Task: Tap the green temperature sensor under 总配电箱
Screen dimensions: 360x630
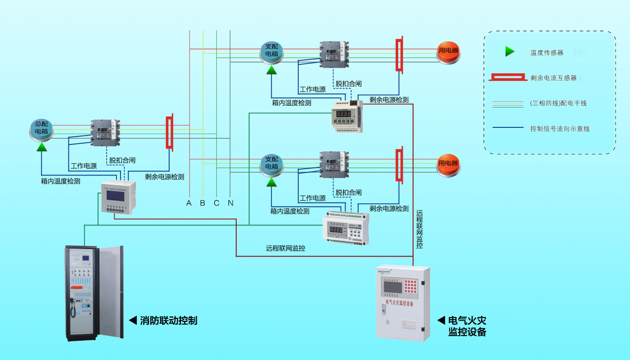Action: pos(42,147)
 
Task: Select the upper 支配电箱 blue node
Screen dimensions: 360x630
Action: pos(272,50)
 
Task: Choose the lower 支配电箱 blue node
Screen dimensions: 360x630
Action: pos(272,163)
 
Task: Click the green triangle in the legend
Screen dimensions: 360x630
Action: pos(509,52)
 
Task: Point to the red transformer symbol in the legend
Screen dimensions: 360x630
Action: pos(508,78)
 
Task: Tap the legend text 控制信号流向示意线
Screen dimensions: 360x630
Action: pos(560,129)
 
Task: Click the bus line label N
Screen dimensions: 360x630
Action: pos(230,203)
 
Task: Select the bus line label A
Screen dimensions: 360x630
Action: pos(189,203)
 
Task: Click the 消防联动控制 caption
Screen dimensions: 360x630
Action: pos(168,320)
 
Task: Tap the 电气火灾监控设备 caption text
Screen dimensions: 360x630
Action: pos(467,326)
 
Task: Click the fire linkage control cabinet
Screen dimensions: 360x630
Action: pos(94,292)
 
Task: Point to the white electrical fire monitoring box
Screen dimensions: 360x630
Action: pos(402,302)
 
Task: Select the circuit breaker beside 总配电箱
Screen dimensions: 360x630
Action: pos(106,132)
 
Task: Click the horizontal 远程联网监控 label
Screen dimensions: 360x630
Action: pos(285,248)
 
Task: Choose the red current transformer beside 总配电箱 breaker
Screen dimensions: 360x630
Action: pos(170,133)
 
